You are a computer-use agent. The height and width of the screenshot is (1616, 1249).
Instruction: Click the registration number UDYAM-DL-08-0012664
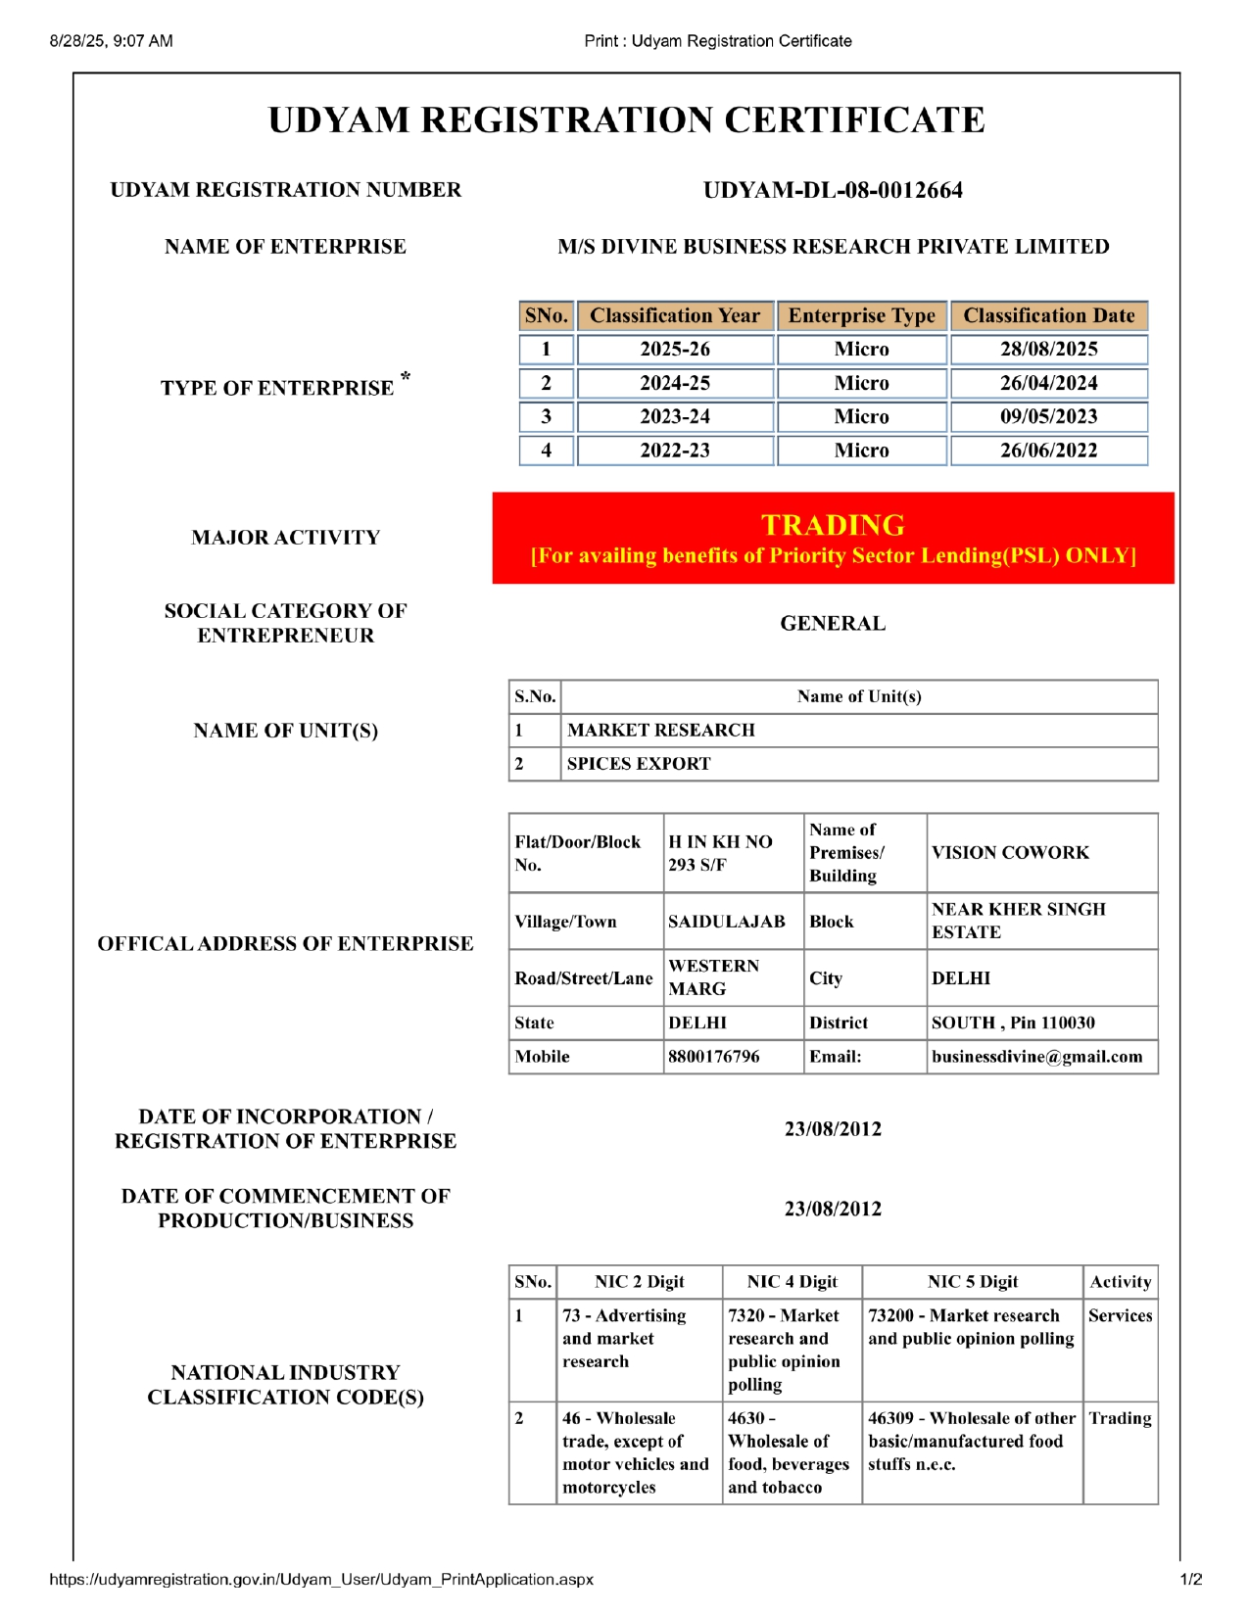click(x=833, y=190)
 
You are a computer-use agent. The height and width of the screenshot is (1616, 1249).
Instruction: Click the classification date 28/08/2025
click(x=1048, y=350)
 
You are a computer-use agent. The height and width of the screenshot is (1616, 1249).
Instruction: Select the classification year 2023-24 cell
click(x=675, y=417)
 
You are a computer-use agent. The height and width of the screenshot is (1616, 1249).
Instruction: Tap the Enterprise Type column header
click(x=861, y=316)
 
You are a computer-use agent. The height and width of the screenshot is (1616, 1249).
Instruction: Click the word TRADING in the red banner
click(x=833, y=525)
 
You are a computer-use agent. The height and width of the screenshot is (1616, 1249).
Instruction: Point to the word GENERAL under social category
click(x=833, y=624)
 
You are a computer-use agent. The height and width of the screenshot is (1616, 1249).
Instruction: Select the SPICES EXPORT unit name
click(x=639, y=764)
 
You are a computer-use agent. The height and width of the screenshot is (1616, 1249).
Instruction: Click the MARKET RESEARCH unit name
click(x=661, y=731)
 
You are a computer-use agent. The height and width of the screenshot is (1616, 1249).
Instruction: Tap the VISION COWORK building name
click(x=1010, y=853)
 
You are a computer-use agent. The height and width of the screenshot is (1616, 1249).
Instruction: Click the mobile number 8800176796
click(x=713, y=1057)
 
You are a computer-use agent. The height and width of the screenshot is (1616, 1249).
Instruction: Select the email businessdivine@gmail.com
click(x=1036, y=1057)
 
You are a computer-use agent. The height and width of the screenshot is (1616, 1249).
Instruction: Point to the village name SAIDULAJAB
click(x=726, y=922)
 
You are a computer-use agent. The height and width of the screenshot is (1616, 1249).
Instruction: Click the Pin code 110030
click(x=1068, y=1023)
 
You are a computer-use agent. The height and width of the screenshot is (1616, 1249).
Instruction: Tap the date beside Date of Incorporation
click(x=833, y=1129)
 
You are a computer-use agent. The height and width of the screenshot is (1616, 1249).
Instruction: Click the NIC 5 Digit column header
click(x=972, y=1282)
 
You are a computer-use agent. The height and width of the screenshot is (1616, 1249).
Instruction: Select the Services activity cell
click(x=1120, y=1316)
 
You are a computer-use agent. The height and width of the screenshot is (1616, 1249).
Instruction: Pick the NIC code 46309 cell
click(x=971, y=1441)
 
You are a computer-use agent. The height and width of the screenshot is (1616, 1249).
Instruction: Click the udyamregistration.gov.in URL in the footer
click(x=320, y=1580)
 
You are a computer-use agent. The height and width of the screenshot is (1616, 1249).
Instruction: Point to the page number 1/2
click(x=1190, y=1580)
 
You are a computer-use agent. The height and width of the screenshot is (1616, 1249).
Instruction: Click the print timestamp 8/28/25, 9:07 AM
click(x=111, y=41)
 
